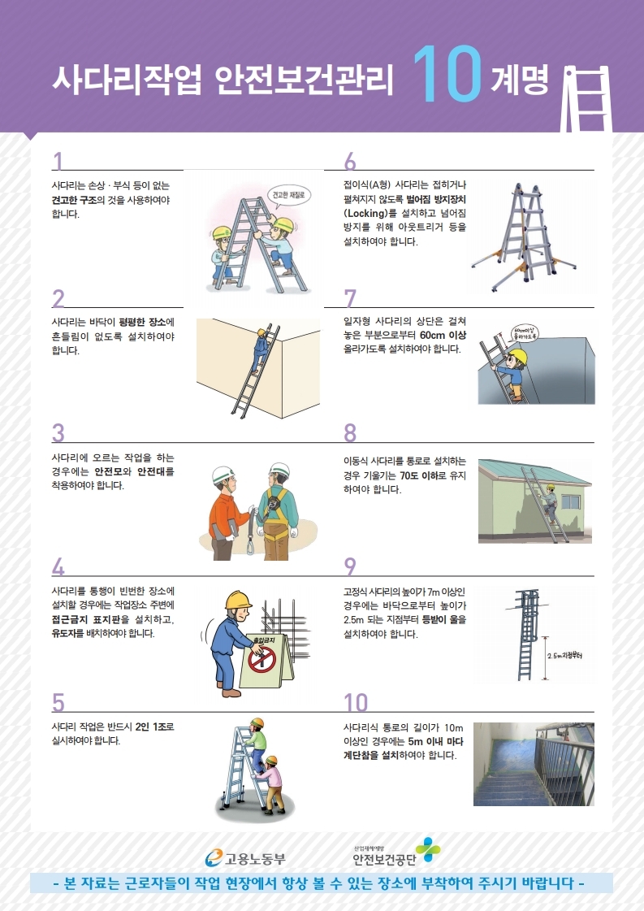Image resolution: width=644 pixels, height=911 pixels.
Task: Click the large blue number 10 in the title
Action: point(447,75)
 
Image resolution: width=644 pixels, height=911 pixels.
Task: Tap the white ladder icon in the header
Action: point(586,99)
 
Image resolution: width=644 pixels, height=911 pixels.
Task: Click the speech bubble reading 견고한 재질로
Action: point(288,197)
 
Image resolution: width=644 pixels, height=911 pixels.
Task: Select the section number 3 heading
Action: point(58,433)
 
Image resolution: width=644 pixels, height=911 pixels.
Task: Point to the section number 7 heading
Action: point(349,298)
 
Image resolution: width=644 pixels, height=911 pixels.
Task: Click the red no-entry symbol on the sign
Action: point(261,659)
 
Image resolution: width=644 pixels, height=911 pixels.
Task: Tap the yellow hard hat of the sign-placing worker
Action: point(238,601)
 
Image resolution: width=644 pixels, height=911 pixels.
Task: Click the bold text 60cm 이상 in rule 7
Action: point(443,336)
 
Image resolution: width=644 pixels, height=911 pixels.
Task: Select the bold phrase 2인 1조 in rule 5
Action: point(150,727)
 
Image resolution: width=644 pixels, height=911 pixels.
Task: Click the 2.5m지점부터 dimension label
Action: point(564,656)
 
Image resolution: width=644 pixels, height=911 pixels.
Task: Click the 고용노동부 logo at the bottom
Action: point(245,858)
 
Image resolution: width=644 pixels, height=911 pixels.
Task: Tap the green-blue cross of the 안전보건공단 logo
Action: point(428,849)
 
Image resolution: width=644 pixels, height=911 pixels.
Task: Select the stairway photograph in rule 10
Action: point(534,764)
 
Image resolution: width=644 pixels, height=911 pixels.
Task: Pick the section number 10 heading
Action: point(356,702)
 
